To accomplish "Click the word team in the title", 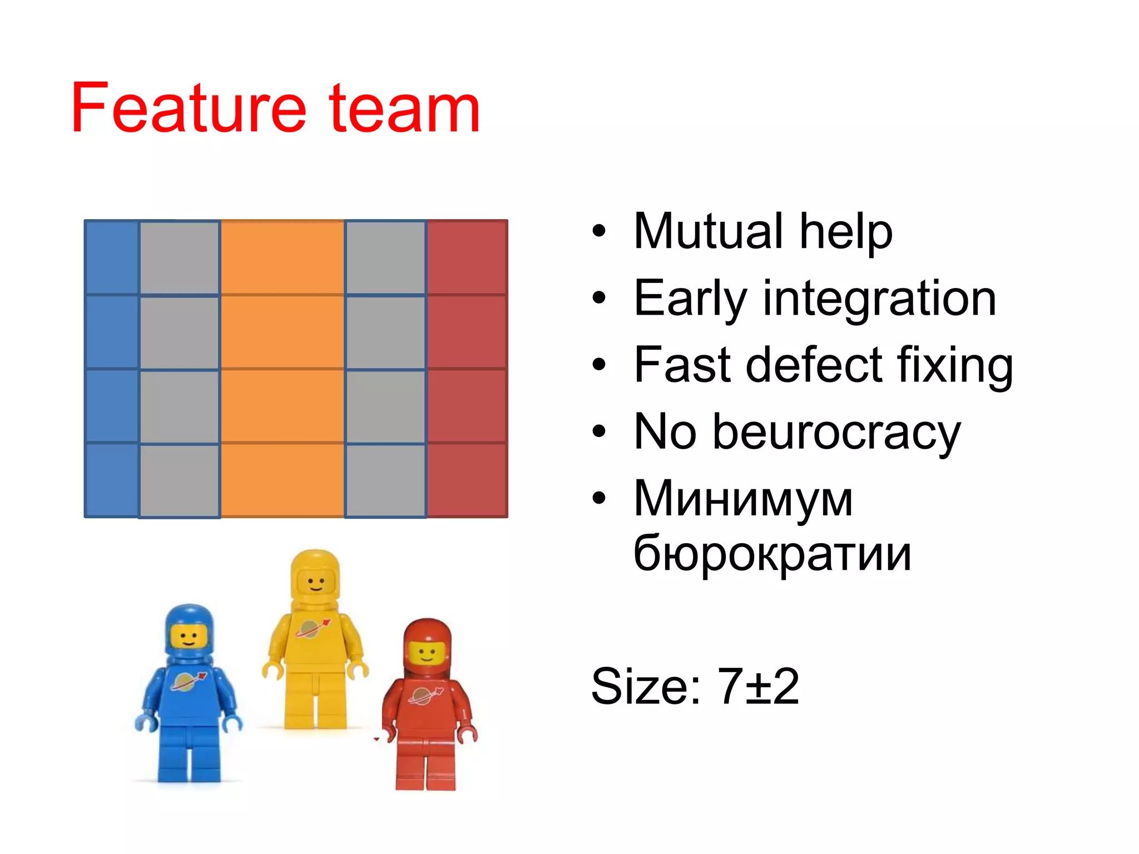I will point(404,110).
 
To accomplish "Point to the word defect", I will point(815,365).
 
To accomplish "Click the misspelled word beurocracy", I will point(836,432).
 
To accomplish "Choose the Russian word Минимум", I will point(743,499).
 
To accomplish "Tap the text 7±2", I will point(758,686).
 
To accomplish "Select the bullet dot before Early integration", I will point(598,299).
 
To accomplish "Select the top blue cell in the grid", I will point(112,257).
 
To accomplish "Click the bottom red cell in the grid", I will point(467,480).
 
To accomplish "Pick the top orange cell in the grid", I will point(283,257).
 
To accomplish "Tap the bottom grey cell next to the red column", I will point(385,480).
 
